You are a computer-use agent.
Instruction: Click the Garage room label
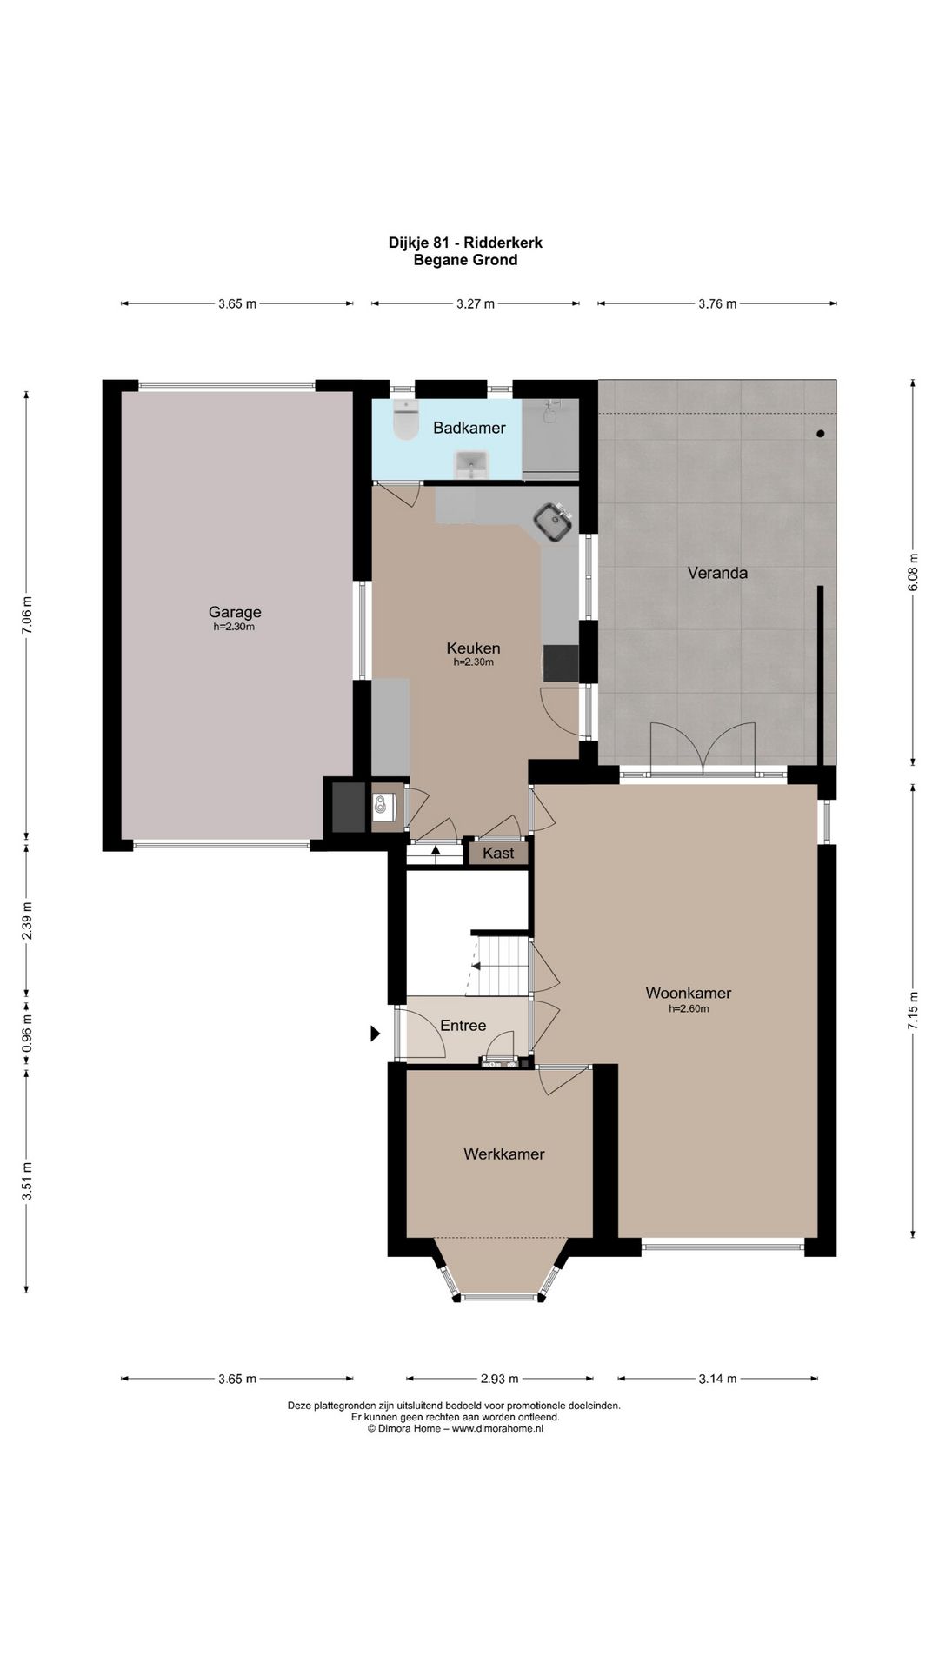tap(235, 612)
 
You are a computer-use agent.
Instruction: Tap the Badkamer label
tap(469, 428)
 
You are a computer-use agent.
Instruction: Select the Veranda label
tap(717, 573)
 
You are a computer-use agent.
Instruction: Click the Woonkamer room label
tap(689, 993)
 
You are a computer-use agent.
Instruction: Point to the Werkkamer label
tap(504, 1154)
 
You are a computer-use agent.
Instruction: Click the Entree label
tap(463, 1026)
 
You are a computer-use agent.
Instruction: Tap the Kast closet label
tap(498, 853)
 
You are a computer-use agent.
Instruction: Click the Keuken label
tap(474, 648)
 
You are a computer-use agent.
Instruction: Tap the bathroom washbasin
tap(471, 465)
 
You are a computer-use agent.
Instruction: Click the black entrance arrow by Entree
tap(376, 1034)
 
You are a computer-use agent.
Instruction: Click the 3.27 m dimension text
tap(476, 303)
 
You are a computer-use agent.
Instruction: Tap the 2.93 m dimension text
tap(500, 1378)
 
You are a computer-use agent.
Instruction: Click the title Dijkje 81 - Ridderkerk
tap(465, 243)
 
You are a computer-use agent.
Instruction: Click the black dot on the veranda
tap(820, 433)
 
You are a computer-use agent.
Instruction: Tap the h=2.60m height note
tap(689, 1009)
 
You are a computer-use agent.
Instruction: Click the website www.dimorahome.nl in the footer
tap(497, 1427)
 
